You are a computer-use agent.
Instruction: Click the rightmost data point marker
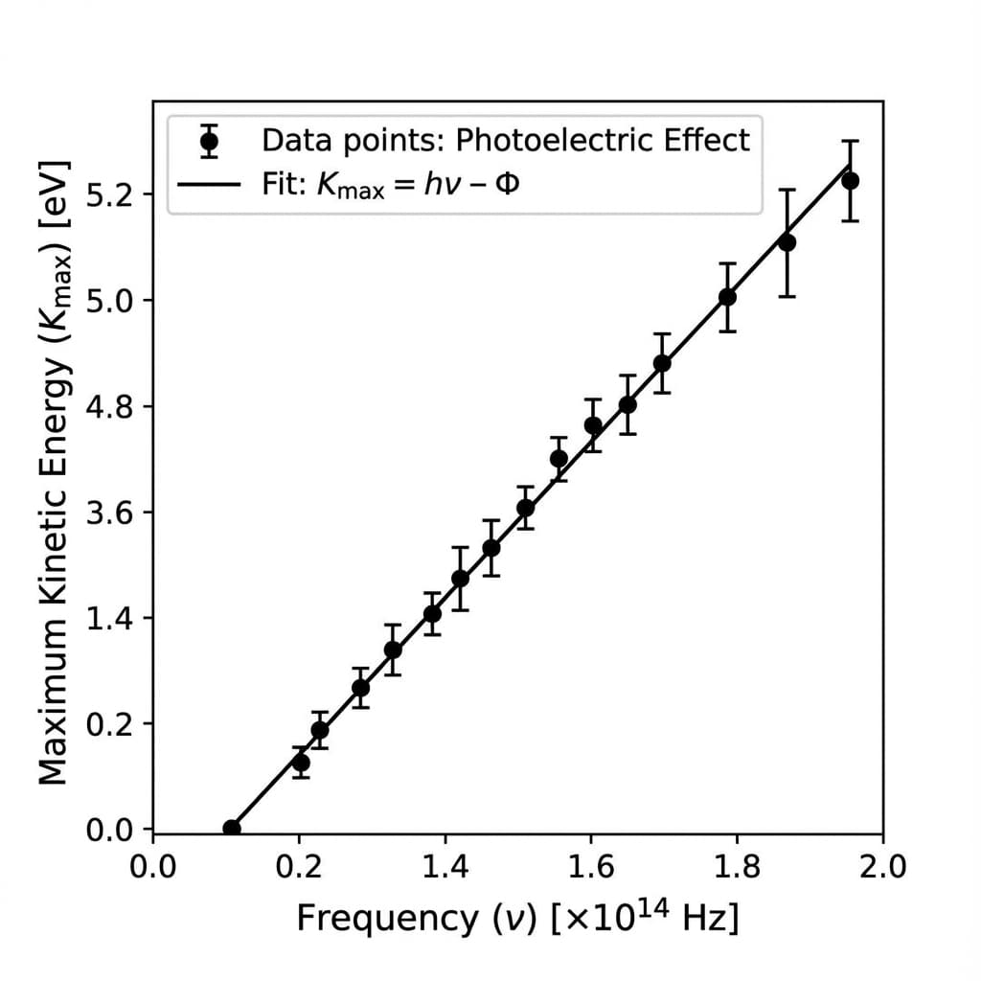click(x=850, y=180)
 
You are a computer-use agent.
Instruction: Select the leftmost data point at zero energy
click(x=232, y=829)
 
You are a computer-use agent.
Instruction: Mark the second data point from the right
click(x=787, y=242)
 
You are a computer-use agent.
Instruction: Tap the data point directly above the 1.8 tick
click(x=728, y=297)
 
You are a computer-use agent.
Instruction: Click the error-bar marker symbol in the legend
click(x=210, y=142)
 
